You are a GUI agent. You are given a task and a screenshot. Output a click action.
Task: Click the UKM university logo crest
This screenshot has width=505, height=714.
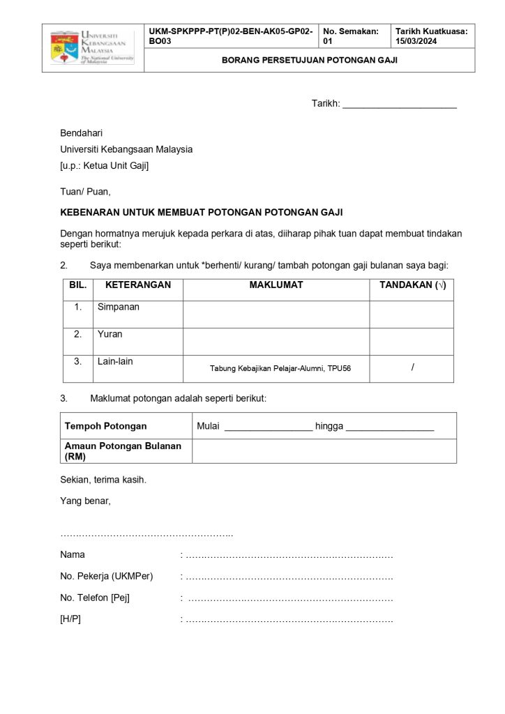pos(63,47)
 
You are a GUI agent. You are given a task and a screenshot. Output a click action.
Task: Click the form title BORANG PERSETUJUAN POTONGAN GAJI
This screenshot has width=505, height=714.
pos(309,60)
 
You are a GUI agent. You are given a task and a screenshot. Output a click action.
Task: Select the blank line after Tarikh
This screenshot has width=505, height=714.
pos(399,105)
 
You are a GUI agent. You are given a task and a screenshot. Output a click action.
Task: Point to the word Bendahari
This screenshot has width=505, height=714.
pos(82,132)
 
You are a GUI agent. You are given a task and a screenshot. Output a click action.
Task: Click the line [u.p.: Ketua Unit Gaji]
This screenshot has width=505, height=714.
pos(104,166)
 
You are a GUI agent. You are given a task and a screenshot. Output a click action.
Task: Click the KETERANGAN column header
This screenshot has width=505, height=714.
pos(138,285)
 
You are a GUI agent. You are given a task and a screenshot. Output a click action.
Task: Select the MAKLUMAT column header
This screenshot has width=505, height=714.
pos(276,285)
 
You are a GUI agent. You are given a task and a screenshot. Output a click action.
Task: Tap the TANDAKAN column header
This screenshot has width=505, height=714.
pos(412,285)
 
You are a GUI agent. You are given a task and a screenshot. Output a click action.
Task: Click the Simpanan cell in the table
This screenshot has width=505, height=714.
pos(119,307)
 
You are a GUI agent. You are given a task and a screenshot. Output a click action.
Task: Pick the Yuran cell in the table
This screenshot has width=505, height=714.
pos(110,334)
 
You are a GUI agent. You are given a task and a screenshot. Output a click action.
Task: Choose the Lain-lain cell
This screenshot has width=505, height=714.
pos(115,361)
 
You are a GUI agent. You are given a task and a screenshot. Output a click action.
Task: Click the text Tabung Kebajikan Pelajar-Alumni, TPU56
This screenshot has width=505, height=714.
pos(280,368)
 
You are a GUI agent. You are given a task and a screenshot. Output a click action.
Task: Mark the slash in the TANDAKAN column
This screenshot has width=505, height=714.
pos(412,367)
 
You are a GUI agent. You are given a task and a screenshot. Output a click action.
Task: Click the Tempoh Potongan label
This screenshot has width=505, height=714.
pos(106,426)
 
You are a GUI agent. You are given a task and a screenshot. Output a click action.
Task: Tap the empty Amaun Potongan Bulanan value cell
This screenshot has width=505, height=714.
pos(324,451)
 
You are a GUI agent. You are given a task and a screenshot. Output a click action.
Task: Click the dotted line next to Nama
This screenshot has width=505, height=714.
pos(289,556)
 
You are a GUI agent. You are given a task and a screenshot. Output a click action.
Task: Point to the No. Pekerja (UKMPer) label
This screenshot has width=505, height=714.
pos(107,576)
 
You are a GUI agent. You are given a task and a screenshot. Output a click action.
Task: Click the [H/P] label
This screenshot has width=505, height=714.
pos(70,618)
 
